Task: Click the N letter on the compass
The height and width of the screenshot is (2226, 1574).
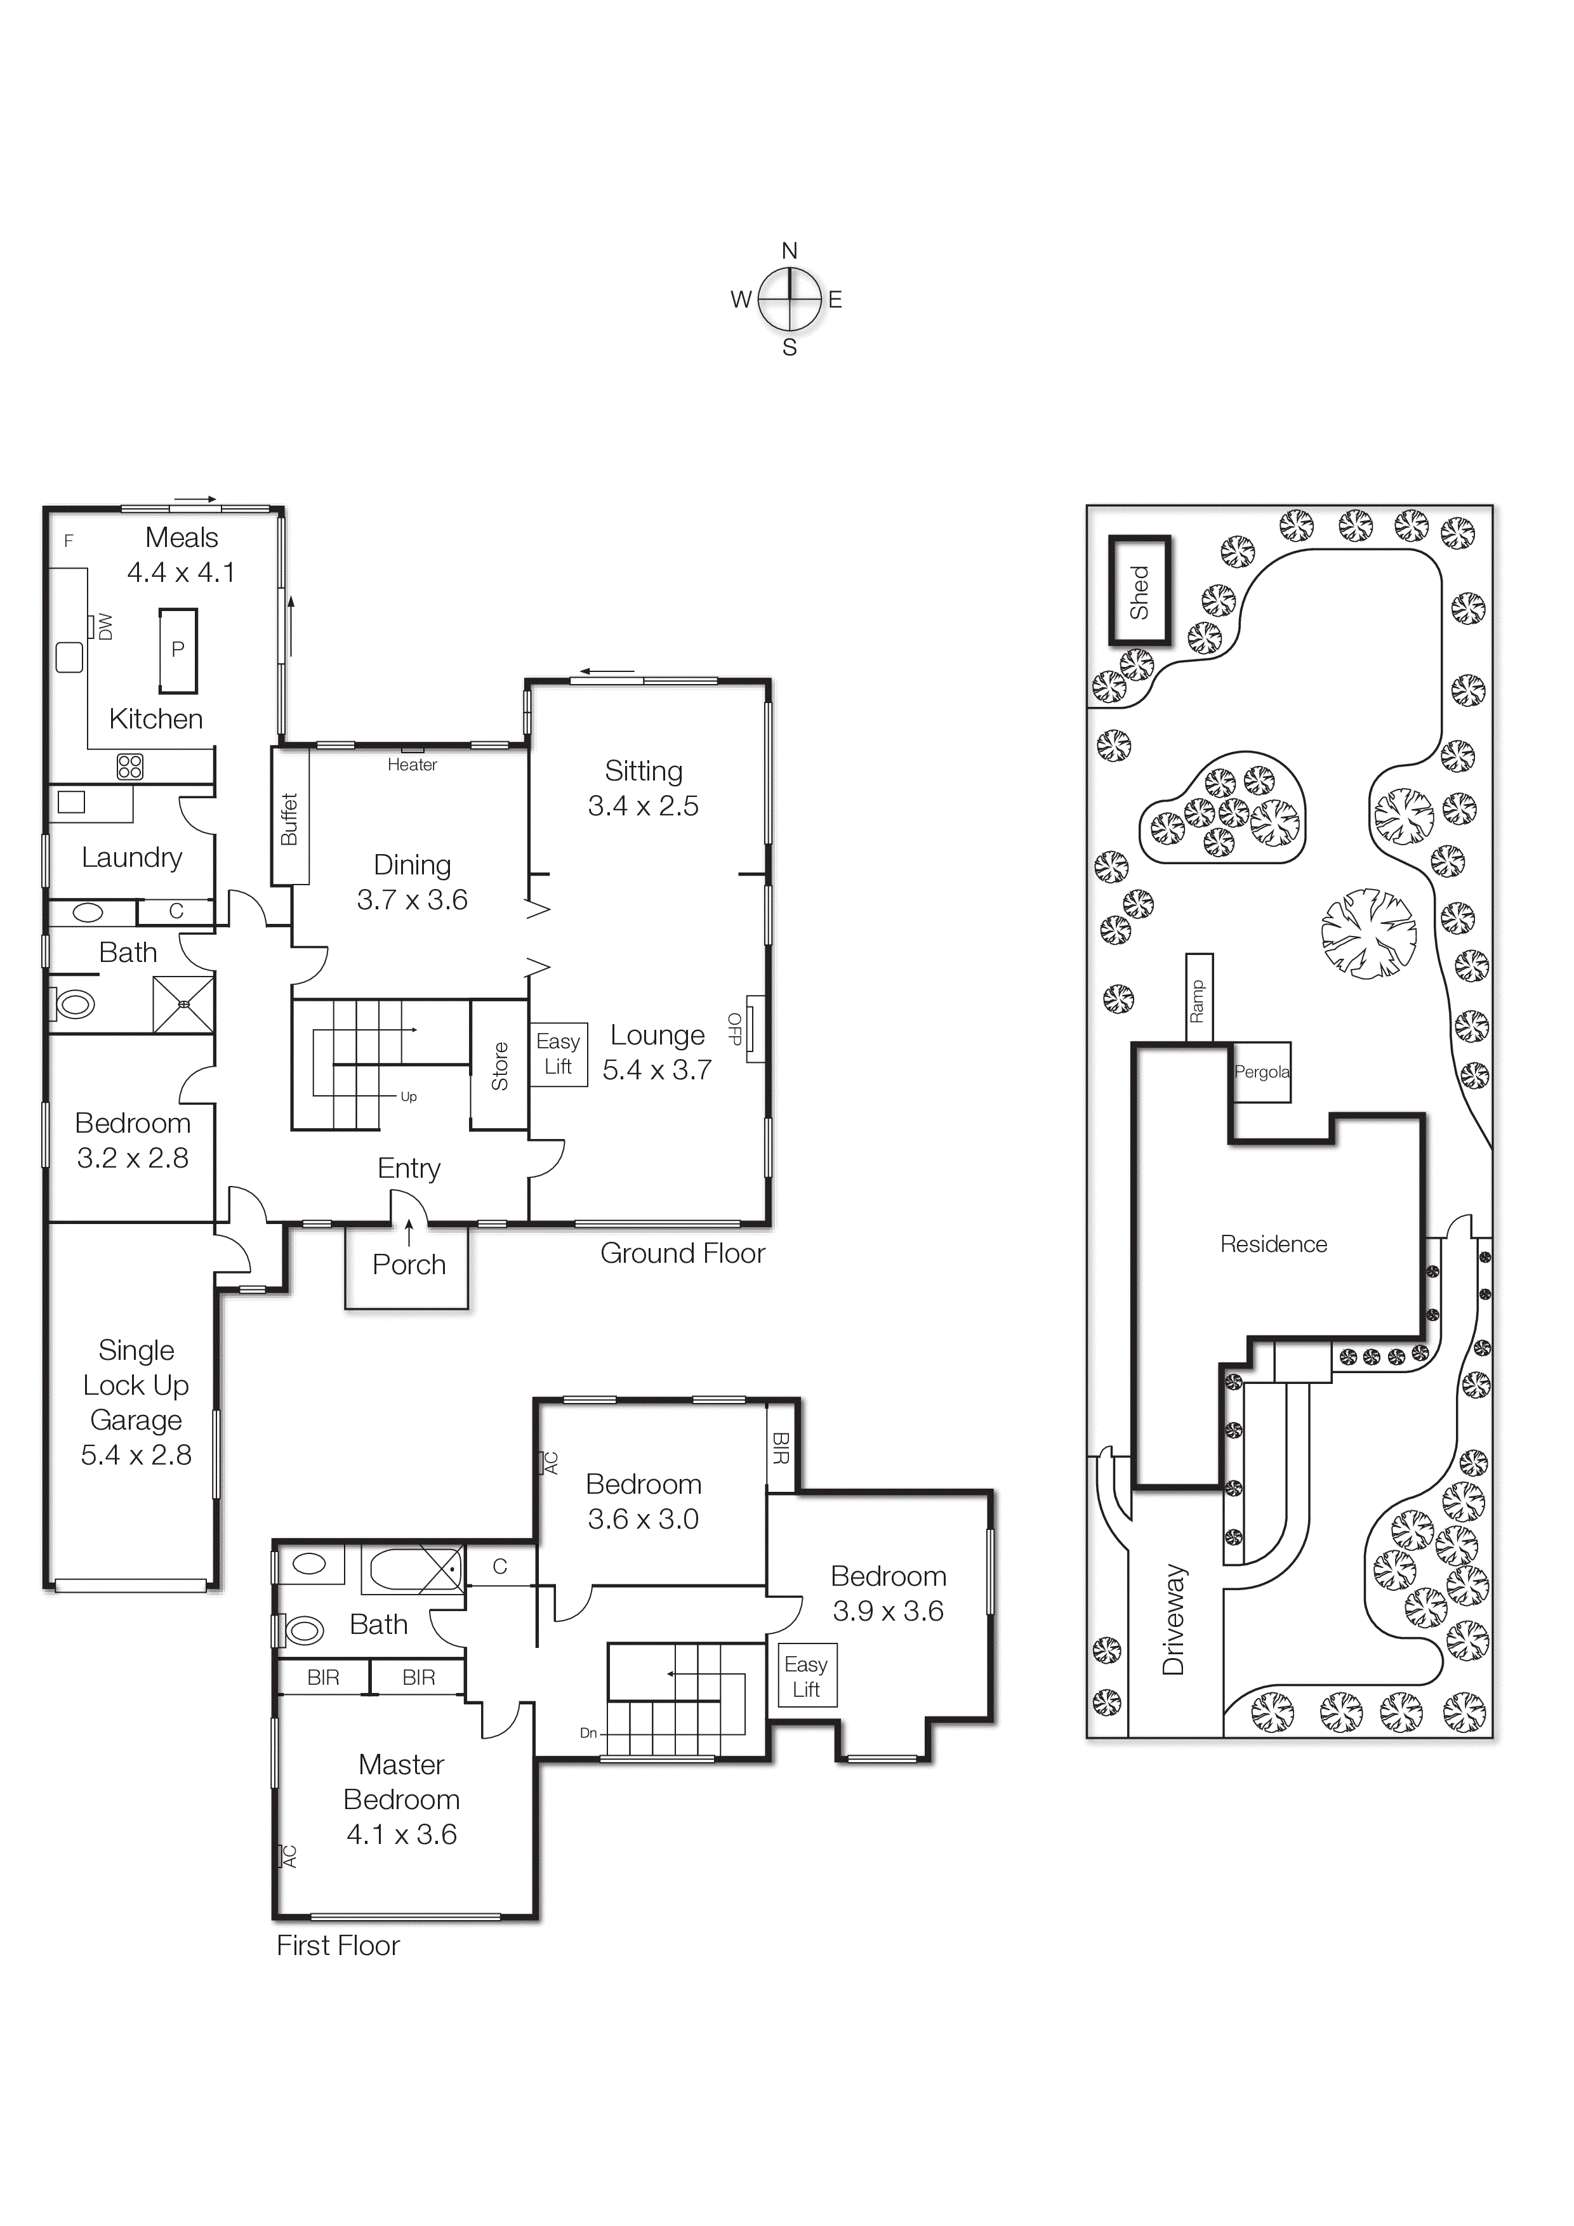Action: (790, 251)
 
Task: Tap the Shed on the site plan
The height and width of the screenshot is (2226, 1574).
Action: (1139, 591)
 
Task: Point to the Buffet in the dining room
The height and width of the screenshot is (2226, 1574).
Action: (289, 817)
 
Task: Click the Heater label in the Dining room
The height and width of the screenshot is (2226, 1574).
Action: (412, 765)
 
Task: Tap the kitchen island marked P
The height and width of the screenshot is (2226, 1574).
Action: (178, 650)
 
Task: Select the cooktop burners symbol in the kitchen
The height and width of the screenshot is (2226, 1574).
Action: (130, 766)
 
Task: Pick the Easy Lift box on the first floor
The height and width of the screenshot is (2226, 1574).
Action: (806, 1676)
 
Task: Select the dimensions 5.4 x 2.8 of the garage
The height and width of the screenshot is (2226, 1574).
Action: (136, 1454)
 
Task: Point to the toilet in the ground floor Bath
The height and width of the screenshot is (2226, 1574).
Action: (74, 1003)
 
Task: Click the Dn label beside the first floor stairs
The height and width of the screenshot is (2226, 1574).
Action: (588, 1732)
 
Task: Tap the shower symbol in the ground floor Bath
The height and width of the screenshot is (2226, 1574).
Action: (183, 1004)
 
